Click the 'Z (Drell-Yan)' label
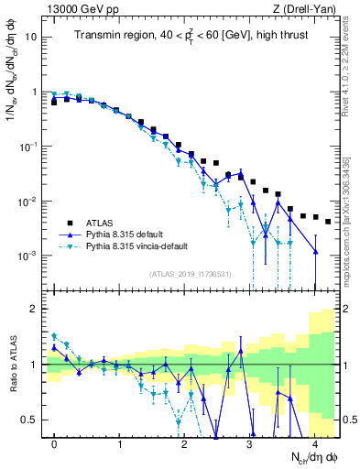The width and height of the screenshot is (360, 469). coord(303,8)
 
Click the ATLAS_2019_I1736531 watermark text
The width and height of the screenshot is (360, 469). coord(189,273)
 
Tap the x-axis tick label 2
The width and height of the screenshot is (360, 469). coord(184,442)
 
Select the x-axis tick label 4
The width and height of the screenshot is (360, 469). coord(314,442)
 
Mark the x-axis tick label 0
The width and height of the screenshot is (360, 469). coord(54,442)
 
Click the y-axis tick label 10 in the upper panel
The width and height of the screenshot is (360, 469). coord(31,38)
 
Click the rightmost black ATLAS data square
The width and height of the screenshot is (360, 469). coord(327,221)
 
